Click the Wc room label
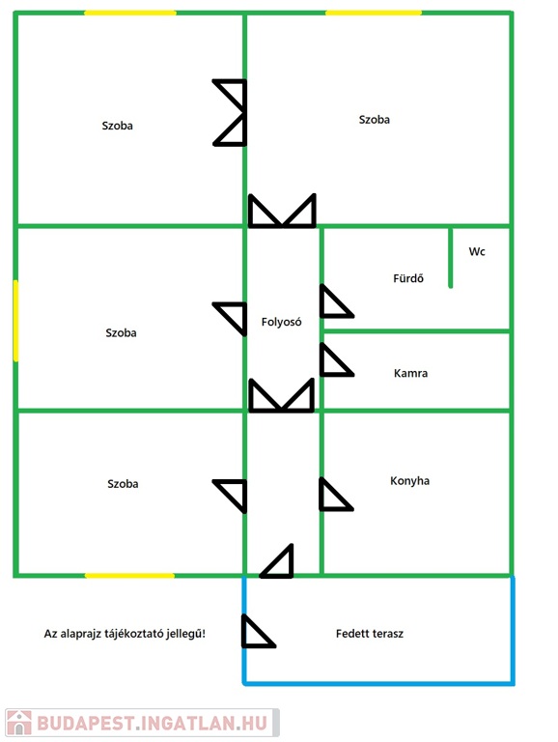pos(477,251)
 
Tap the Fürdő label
pos(408,278)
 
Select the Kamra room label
pos(410,373)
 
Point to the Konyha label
pos(409,481)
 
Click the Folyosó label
pos(281,322)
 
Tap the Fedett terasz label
pos(370,634)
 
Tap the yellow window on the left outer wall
pos(15,321)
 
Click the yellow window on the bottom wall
pos(129,576)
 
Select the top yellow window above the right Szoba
pos(373,13)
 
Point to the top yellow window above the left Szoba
pos(130,13)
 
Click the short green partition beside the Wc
pos(450,257)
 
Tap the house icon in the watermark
pos(19,723)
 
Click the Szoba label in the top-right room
pos(374,119)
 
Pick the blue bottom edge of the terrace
pos(378,683)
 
